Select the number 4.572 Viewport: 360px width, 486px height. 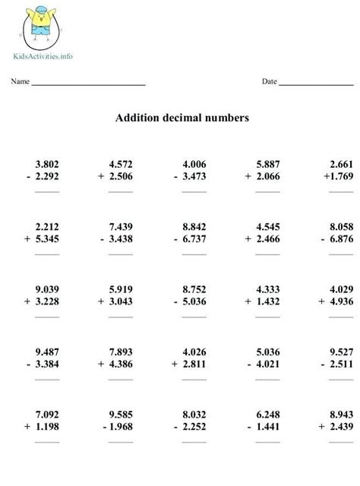[121, 163]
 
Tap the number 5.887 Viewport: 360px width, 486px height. [267, 163]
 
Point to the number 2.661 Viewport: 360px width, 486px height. [341, 163]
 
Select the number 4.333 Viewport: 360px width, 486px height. [267, 289]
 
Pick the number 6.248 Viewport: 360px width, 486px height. [267, 414]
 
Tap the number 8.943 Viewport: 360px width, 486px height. [341, 414]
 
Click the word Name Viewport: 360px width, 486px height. [20, 81]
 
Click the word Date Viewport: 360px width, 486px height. [270, 81]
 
